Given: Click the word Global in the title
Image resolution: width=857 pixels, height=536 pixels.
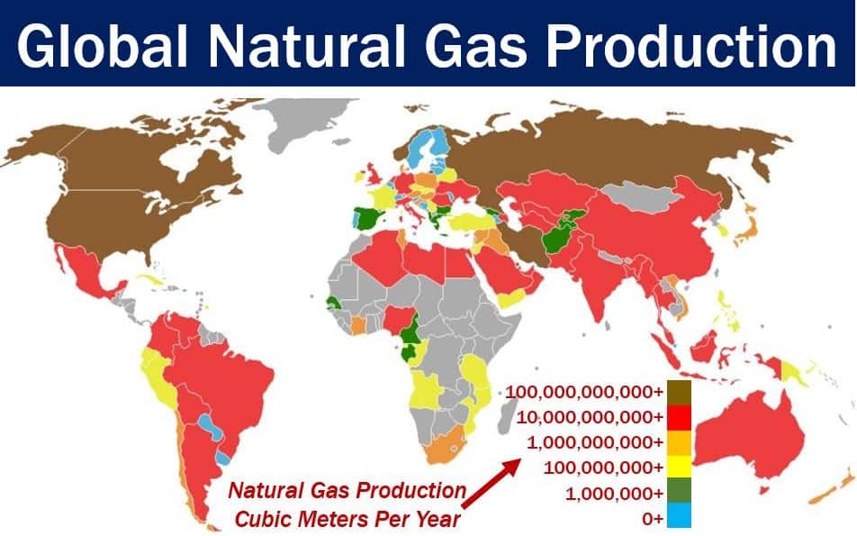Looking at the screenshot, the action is tap(103, 45).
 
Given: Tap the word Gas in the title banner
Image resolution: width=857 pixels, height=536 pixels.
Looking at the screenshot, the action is tap(475, 45).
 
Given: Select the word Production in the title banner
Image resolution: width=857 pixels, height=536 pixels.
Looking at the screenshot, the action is tap(691, 45).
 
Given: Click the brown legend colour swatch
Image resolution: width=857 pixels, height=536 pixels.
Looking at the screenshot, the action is tap(679, 392).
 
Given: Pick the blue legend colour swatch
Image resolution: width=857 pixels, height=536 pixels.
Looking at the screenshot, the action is tap(679, 515).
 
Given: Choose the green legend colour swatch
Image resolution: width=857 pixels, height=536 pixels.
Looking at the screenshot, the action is tap(679, 491).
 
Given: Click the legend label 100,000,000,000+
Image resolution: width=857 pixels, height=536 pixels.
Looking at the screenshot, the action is tap(583, 392).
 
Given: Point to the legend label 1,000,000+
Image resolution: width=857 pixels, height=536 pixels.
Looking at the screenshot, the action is tap(614, 494).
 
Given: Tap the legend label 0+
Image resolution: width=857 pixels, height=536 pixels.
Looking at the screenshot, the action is tap(653, 518).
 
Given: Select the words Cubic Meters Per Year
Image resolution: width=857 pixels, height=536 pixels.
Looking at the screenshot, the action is tap(347, 519).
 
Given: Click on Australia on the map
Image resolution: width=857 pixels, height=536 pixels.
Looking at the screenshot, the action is tap(749, 438).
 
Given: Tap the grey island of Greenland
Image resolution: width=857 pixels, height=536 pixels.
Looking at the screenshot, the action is tap(303, 122).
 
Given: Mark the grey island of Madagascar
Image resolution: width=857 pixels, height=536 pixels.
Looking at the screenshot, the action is tap(508, 414).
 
